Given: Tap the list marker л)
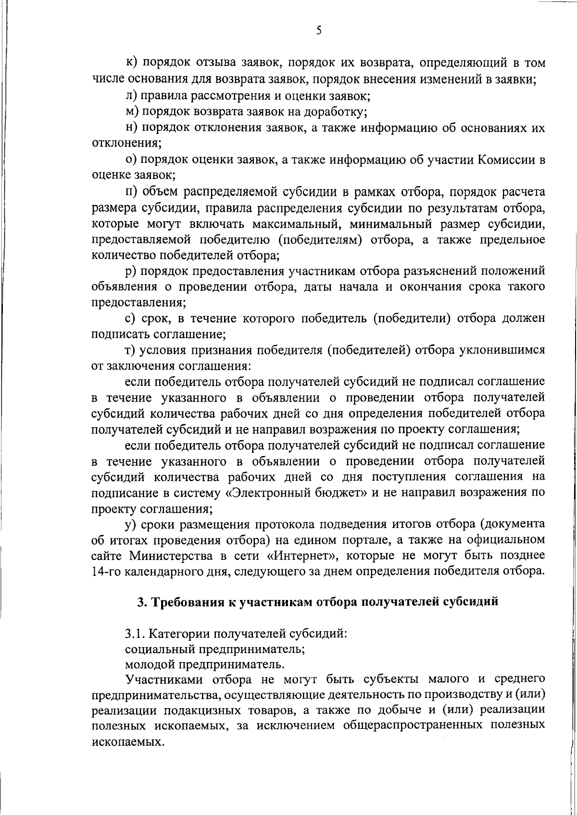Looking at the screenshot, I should (x=130, y=96).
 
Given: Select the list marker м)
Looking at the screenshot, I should (x=131, y=112).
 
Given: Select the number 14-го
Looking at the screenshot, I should (x=106, y=572).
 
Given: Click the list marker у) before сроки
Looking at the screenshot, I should (x=130, y=524).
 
